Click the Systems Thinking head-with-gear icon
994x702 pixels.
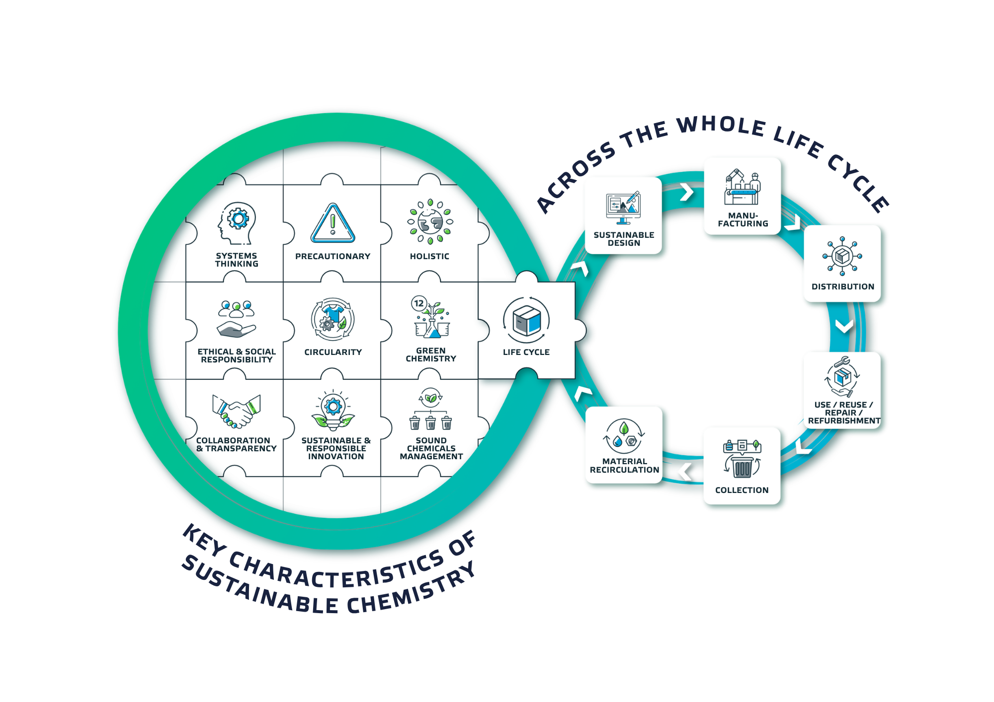pyautogui.click(x=237, y=223)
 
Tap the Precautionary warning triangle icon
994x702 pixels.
pyautogui.click(x=332, y=223)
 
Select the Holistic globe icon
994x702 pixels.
pyautogui.click(x=430, y=222)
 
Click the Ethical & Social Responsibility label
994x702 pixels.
pyautogui.click(x=237, y=355)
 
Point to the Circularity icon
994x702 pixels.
pyautogui.click(x=332, y=319)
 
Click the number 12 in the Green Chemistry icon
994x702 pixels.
pyautogui.click(x=419, y=303)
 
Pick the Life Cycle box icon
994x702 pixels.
pyautogui.click(x=526, y=320)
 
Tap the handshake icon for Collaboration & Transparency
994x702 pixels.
pyautogui.click(x=237, y=411)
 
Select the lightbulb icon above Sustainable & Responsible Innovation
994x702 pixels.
pyautogui.click(x=333, y=410)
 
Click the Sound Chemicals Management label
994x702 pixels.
pyautogui.click(x=431, y=448)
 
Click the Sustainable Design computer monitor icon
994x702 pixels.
pyautogui.click(x=623, y=208)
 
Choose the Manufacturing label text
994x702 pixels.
pyautogui.click(x=743, y=219)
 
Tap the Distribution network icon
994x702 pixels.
pyautogui.click(x=842, y=256)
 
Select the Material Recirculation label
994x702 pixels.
pyautogui.click(x=624, y=466)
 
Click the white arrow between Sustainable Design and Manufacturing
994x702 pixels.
pyautogui.click(x=687, y=192)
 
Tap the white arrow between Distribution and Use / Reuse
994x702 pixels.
pyautogui.click(x=844, y=326)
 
